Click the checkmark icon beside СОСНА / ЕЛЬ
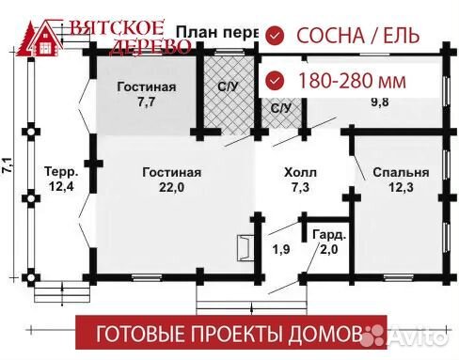275,36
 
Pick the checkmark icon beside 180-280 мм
275,80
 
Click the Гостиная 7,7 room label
146,94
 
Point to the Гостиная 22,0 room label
172,180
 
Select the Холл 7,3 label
300,180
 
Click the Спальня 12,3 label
401,180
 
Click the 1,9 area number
281,249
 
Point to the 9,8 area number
380,102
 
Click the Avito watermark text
419,332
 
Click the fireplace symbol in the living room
244,246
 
